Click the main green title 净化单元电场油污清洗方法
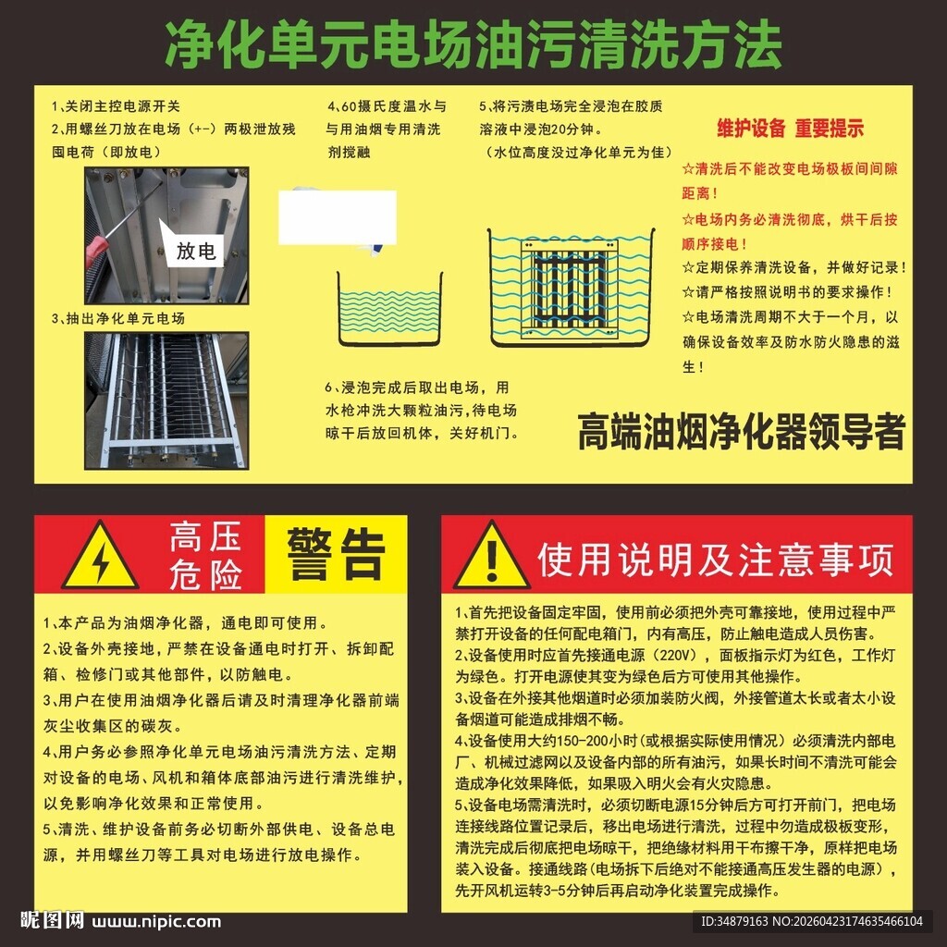tap(473, 43)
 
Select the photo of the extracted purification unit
tap(166, 400)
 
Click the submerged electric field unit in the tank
tap(569, 284)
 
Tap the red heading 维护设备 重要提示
tap(791, 129)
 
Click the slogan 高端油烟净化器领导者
tap(741, 432)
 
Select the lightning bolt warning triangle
tap(100, 557)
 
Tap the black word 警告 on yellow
tap(335, 554)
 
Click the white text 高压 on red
tap(204, 537)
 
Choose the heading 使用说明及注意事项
tap(716, 559)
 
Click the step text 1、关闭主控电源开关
tap(117, 105)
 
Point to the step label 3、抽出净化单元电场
tap(118, 318)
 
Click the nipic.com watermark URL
tap(156, 921)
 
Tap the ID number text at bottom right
tap(811, 921)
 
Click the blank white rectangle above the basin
tap(338, 217)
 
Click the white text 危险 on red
tap(204, 574)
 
